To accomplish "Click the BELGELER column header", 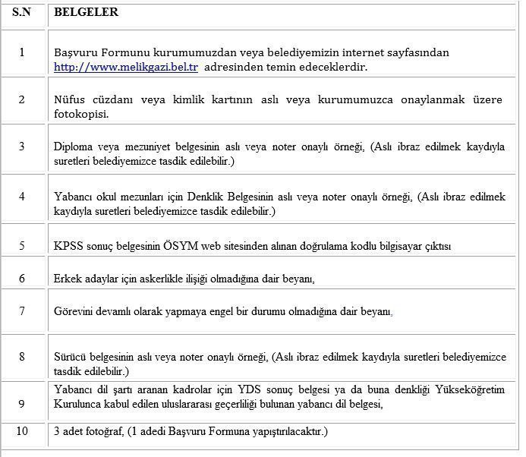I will tap(86, 13).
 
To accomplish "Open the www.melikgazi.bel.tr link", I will tap(125, 67).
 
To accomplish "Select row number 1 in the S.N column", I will tap(21, 52).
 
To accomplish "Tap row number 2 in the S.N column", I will tap(21, 99).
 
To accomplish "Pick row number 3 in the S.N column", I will tap(21, 147).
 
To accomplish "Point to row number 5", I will tap(21, 245).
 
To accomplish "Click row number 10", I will tap(21, 431).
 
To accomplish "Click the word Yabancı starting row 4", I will tap(74, 196).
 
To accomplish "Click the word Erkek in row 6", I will tap(67, 279).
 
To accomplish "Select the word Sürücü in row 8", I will tap(71, 356).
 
